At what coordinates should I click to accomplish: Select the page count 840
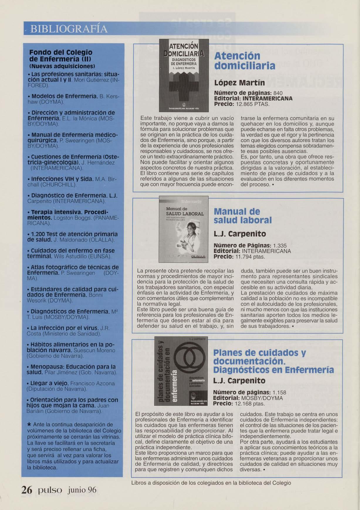click(278, 93)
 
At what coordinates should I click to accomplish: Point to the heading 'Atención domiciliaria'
click(244, 61)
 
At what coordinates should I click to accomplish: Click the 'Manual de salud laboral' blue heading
click(243, 216)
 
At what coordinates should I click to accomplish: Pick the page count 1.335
click(280, 245)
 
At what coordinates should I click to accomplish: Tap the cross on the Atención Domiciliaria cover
click(183, 88)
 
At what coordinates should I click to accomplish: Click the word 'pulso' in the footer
click(48, 490)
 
